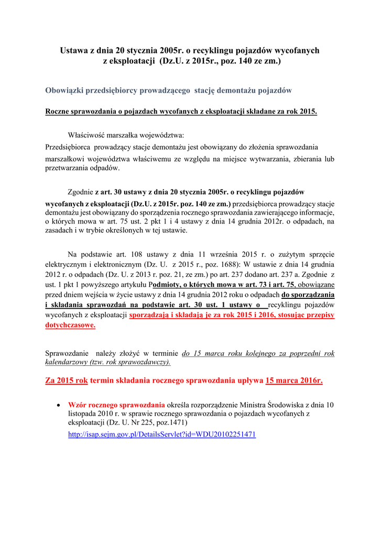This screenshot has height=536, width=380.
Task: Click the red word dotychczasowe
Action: click(71, 325)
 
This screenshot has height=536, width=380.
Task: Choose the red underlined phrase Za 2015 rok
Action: click(67, 381)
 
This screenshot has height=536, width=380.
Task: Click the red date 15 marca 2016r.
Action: click(294, 381)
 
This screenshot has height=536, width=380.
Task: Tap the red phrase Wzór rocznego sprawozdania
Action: click(116, 405)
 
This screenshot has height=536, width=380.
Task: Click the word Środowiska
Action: click(284, 405)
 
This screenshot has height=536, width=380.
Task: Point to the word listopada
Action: click(83, 414)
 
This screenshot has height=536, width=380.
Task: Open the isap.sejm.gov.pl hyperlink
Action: click(162, 435)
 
